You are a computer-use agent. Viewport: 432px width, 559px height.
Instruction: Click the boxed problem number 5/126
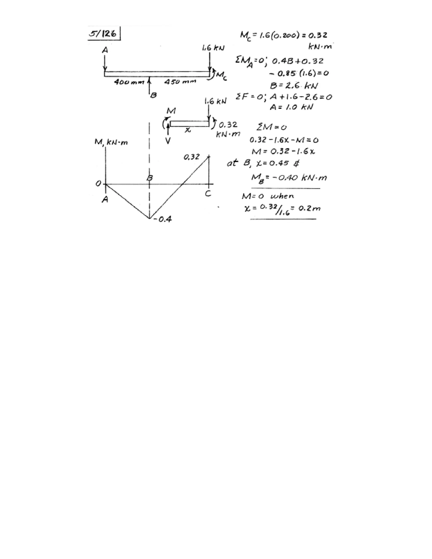[104, 34]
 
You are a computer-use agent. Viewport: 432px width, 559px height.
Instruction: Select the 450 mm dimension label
[180, 82]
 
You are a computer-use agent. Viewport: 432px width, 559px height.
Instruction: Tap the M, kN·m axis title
[111, 142]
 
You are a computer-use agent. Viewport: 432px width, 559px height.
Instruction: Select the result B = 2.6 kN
[294, 85]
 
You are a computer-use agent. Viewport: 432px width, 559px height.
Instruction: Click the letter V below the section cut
[168, 140]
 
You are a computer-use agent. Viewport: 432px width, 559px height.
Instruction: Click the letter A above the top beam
[105, 50]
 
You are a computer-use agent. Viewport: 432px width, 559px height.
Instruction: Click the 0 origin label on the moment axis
[98, 184]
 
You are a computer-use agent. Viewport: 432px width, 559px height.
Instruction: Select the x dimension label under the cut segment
[188, 130]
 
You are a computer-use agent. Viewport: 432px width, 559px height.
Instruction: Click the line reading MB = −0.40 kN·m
[289, 177]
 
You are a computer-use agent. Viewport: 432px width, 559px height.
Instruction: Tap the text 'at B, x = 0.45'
[263, 163]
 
